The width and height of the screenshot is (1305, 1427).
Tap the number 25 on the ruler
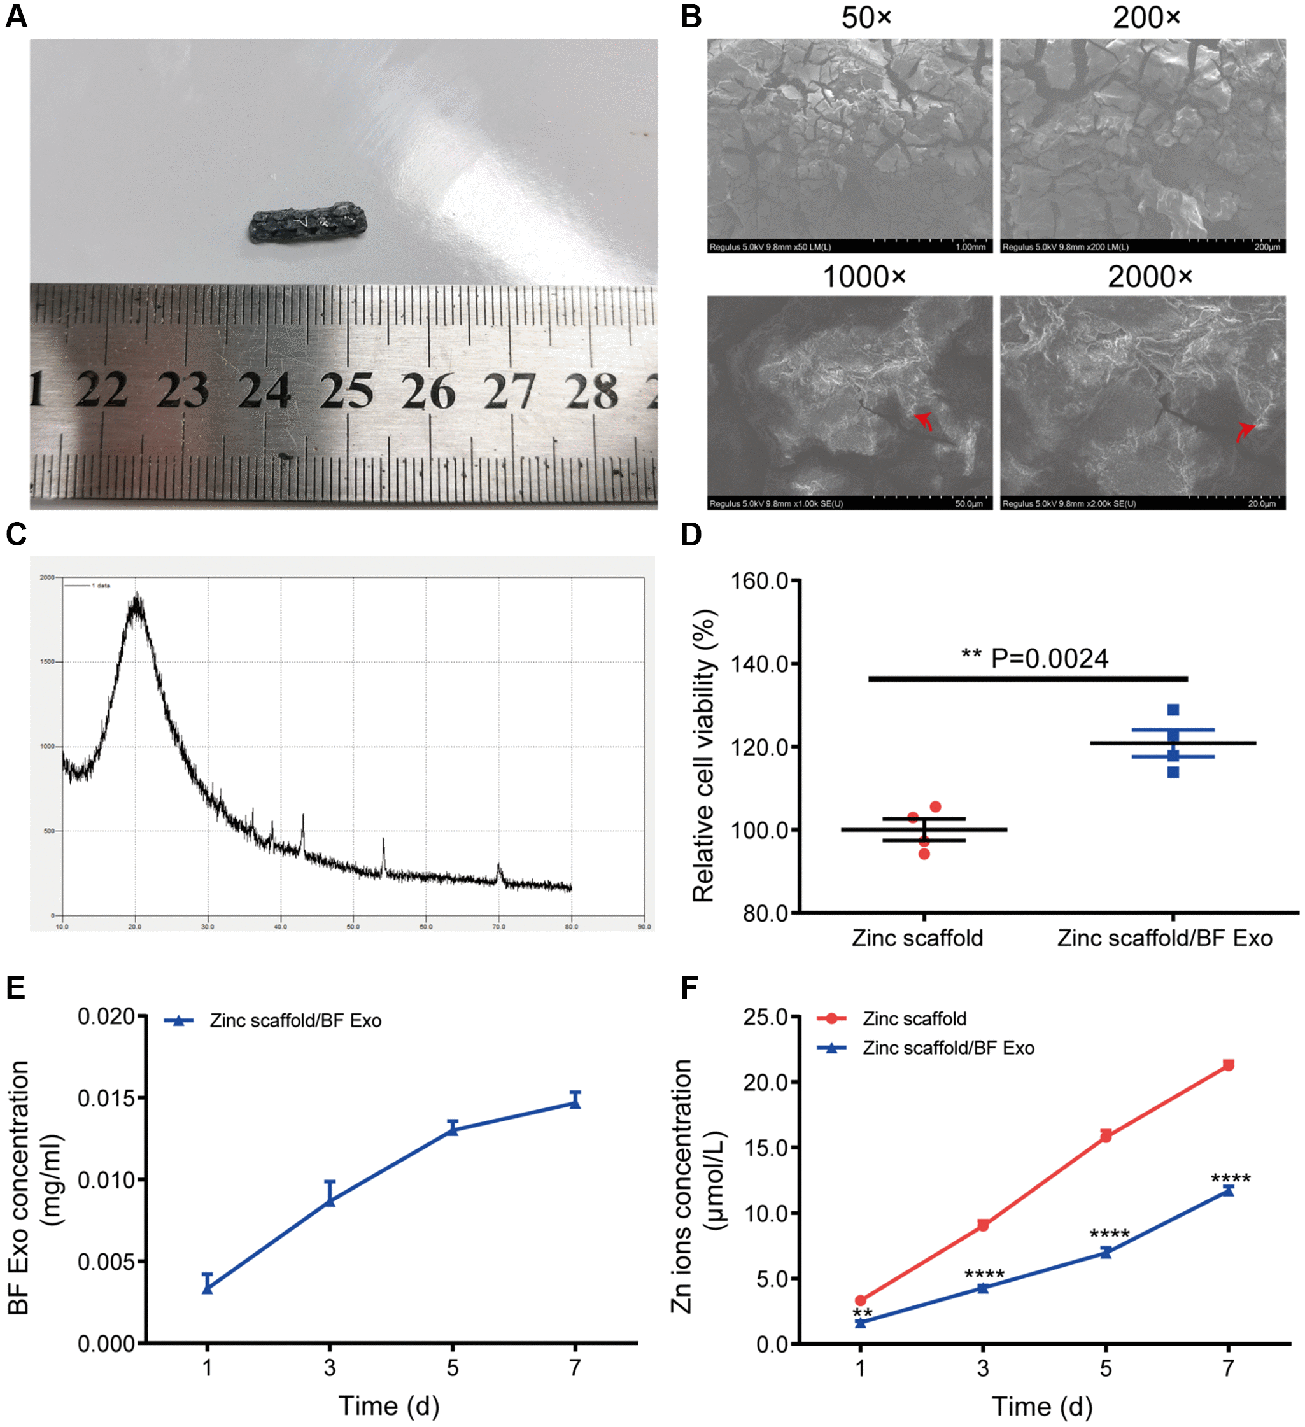346,391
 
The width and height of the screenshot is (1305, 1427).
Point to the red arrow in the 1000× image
923,421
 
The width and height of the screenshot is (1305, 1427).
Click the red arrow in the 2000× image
1245,431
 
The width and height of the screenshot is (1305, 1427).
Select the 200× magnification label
1146,18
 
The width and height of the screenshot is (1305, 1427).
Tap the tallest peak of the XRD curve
136,599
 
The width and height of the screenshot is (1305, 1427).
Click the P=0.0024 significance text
1048,659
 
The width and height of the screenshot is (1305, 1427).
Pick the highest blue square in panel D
1173,710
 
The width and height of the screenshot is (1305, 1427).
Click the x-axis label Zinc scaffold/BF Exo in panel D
1165,938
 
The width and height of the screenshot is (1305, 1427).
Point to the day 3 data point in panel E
330,1200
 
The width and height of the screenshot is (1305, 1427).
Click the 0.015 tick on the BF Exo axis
106,1098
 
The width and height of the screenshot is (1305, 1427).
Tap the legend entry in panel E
295,1021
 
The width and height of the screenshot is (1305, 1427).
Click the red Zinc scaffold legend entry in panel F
913,1018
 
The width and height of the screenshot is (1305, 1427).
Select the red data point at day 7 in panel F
1229,1065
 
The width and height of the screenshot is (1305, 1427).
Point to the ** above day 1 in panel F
863,1314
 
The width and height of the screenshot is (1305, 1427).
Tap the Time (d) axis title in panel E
389,1406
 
